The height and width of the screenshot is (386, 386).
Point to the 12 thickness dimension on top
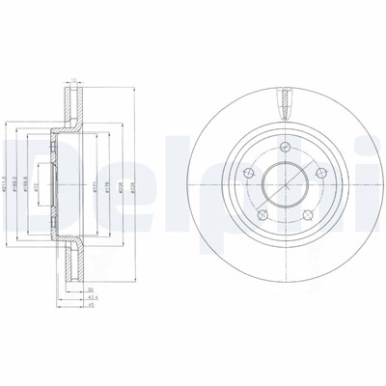[x=73, y=80]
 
